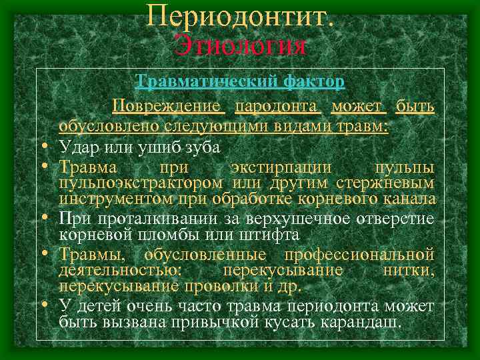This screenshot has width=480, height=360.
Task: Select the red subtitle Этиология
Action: [x=240, y=46]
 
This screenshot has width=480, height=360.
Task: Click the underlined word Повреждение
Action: [x=166, y=106]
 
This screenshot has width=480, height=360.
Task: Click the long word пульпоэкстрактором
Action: [x=141, y=182]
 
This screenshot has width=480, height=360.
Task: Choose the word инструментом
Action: [x=114, y=199]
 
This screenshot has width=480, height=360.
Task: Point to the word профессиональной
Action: [x=359, y=254]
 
